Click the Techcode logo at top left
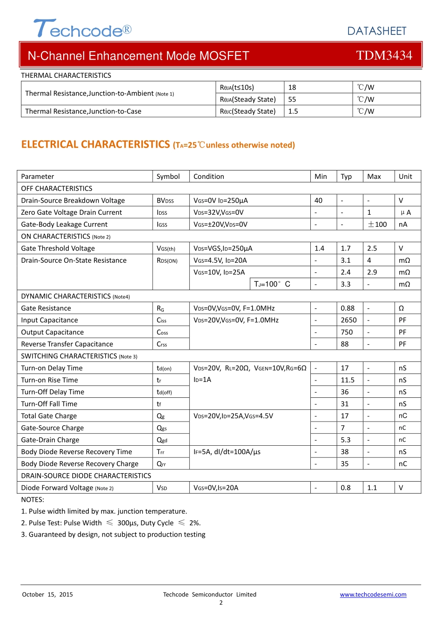(82, 29)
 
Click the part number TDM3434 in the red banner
(384, 55)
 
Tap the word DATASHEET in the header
(377, 31)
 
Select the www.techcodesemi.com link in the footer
(373, 594)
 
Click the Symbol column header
(168, 177)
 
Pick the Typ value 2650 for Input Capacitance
(348, 320)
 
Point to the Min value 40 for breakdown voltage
(318, 200)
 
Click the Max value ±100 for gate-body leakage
(377, 225)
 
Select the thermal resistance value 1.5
(293, 111)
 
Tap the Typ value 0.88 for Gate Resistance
(348, 308)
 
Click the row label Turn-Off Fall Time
(49, 404)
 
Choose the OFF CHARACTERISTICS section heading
(57, 189)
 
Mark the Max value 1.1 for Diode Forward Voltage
(372, 488)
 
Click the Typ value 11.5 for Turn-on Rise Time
(348, 380)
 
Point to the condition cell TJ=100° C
(272, 284)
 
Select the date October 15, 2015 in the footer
(47, 594)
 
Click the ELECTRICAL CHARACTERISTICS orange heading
(95, 144)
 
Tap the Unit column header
(405, 177)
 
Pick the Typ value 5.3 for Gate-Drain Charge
(346, 440)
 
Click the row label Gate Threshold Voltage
(58, 248)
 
